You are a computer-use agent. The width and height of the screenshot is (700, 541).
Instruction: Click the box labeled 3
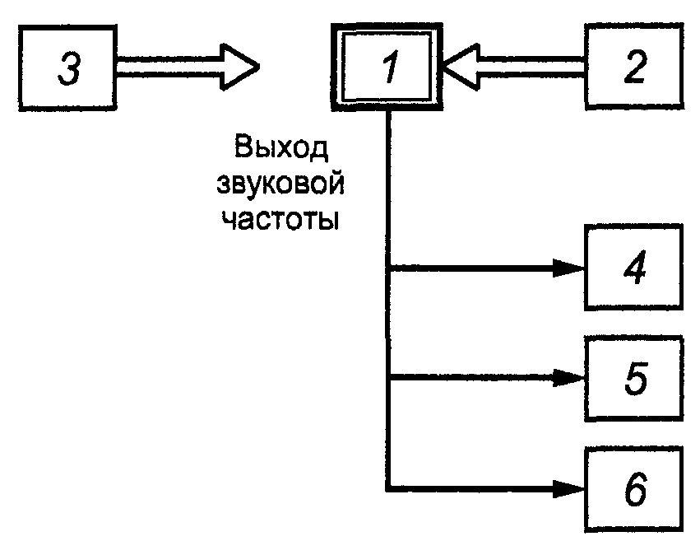[67, 68]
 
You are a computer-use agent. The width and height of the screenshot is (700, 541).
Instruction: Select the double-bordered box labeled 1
[387, 67]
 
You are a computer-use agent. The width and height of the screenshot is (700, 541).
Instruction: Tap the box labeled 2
[634, 66]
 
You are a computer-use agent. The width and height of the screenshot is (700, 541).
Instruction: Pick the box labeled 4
[634, 267]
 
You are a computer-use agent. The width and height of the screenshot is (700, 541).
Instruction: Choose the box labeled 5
[634, 379]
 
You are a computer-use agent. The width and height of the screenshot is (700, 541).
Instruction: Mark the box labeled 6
[634, 489]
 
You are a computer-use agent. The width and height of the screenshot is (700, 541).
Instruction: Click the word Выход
[280, 148]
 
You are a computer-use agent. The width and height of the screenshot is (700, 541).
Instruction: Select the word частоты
[280, 220]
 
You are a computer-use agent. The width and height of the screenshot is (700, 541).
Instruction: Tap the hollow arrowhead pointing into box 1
[461, 67]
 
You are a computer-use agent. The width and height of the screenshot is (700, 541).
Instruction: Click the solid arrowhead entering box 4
[568, 268]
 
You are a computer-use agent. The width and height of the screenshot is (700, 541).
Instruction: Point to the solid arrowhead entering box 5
[568, 379]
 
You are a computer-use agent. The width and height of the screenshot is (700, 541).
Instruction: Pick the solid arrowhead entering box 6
[568, 489]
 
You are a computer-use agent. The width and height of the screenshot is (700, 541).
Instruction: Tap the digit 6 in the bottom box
[635, 489]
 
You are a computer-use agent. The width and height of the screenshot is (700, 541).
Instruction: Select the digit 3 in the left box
[69, 68]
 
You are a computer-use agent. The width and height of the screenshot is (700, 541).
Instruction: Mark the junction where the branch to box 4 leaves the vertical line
[389, 268]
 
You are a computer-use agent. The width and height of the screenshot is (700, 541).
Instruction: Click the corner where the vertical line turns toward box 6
[389, 489]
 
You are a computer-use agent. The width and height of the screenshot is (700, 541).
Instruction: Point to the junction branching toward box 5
[389, 379]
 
